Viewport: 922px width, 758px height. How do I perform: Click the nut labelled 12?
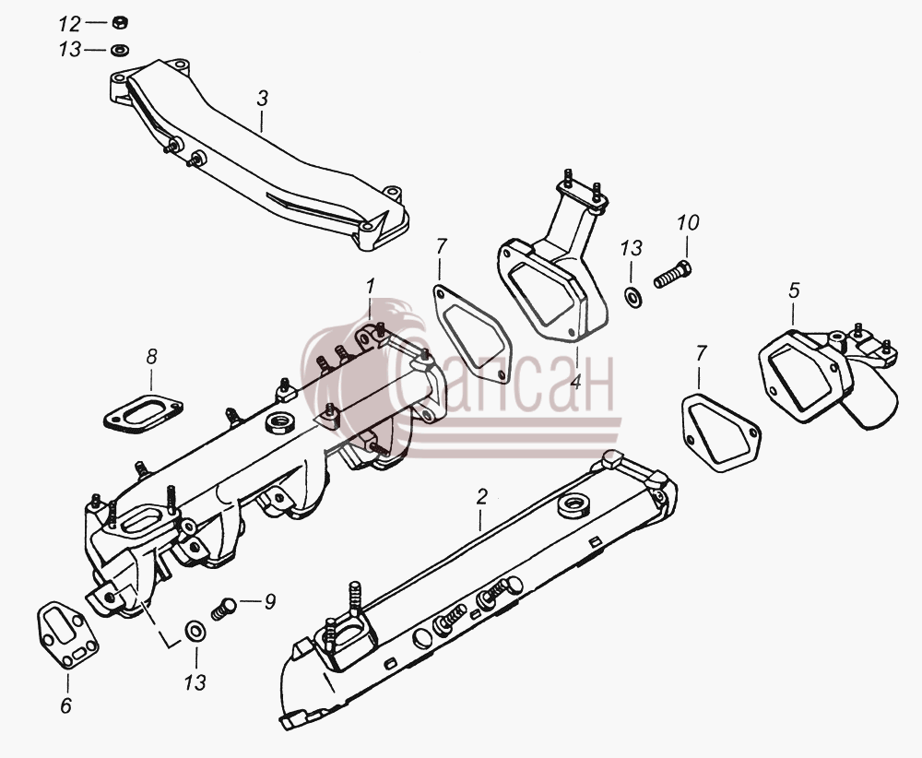tap(120, 23)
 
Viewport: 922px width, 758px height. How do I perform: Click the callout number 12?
tap(69, 24)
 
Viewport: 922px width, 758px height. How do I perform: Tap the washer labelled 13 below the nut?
tap(120, 50)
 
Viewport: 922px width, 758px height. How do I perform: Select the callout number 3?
tap(262, 98)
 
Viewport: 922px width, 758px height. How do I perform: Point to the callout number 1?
tap(370, 287)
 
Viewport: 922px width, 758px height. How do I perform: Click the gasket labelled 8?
tap(143, 409)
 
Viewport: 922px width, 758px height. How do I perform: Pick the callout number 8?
tap(152, 356)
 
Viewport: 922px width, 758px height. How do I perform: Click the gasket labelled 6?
tap(68, 634)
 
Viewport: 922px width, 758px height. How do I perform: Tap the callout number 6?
tap(65, 705)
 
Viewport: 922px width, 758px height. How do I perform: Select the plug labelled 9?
tap(223, 608)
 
